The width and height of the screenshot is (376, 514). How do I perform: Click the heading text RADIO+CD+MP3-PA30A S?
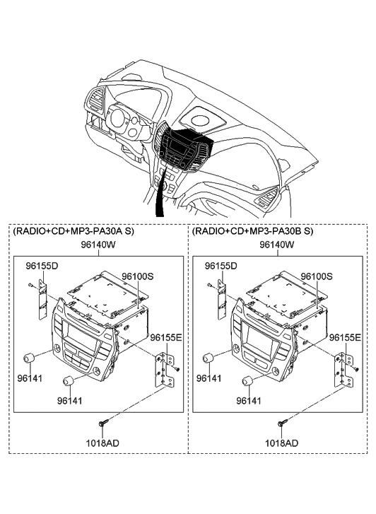click(74, 231)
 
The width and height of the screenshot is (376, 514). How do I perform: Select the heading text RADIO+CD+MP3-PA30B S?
click(253, 231)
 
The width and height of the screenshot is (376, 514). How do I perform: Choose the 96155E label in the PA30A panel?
click(166, 338)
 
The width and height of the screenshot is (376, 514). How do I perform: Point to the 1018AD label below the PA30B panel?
click(282, 443)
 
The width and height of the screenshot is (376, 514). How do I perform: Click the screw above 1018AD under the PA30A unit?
click(102, 423)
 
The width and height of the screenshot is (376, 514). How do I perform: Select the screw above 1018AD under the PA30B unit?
click(283, 423)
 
